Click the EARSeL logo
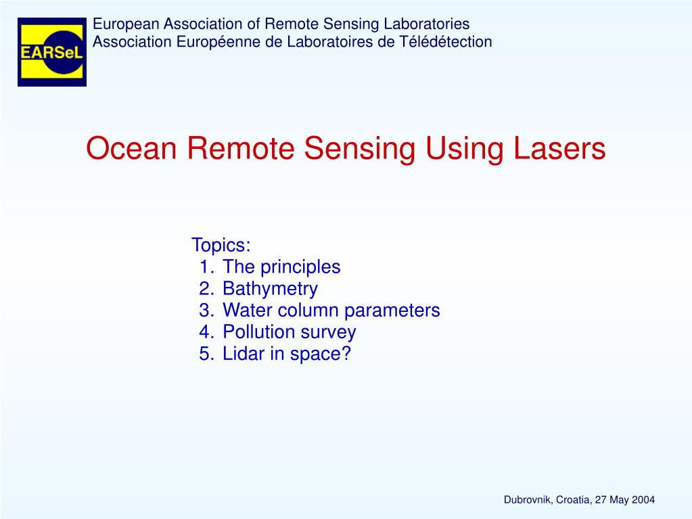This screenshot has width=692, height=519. (51, 52)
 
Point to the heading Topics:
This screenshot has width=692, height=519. (221, 244)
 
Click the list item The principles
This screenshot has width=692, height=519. (281, 267)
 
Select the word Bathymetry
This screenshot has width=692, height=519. (270, 289)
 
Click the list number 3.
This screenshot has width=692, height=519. (206, 311)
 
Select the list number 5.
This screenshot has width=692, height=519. (206, 354)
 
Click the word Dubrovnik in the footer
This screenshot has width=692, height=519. (528, 500)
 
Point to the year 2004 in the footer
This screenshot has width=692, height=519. (643, 500)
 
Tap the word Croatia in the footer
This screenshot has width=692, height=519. (574, 500)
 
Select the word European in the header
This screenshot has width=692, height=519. (120, 24)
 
